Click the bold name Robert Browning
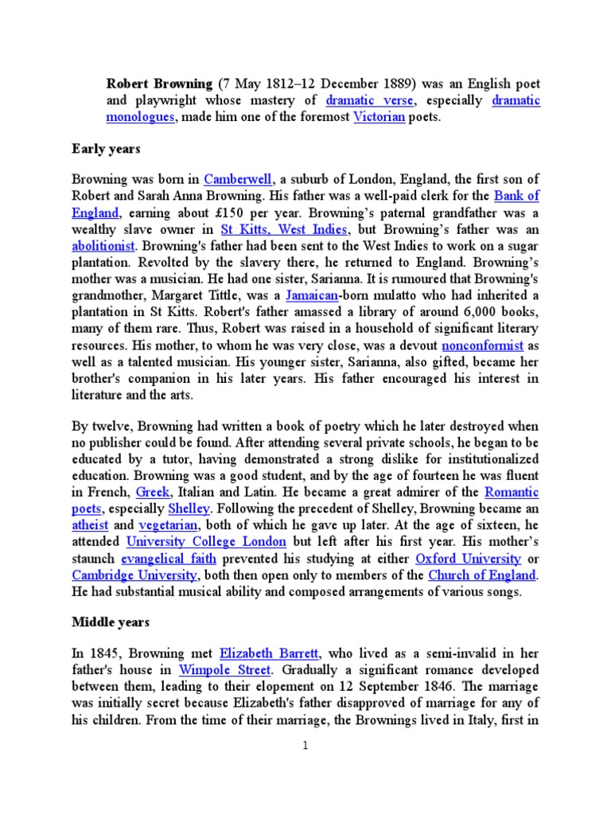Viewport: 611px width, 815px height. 158,82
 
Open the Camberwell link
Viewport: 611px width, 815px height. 238,179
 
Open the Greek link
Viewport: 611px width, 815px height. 153,493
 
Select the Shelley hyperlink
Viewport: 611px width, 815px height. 189,509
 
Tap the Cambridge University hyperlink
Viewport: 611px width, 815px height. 134,575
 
